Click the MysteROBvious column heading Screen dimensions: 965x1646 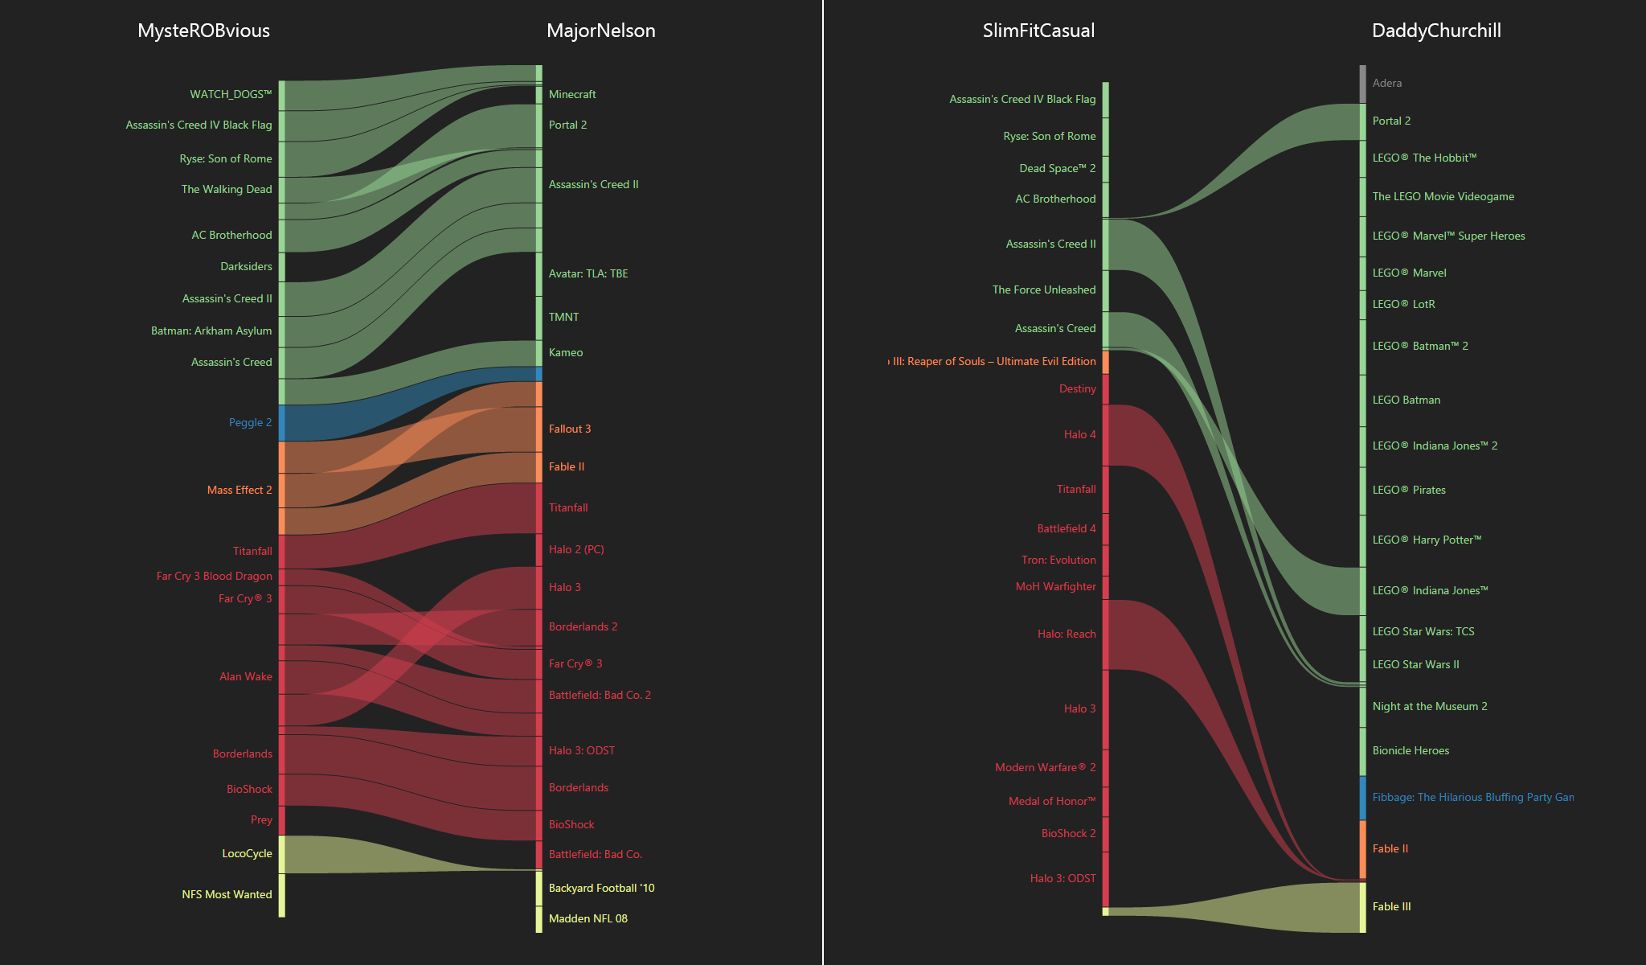pyautogui.click(x=203, y=31)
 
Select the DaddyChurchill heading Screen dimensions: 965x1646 pyautogui.click(x=1436, y=31)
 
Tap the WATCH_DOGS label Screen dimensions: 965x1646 pyautogui.click(x=231, y=94)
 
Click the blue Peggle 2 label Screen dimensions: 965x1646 pyautogui.click(x=250, y=422)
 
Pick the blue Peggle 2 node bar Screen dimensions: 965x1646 pyautogui.click(x=282, y=423)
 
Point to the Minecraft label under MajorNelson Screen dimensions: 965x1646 pyautogui.click(x=572, y=94)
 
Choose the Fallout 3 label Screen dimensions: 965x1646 pyautogui.click(x=570, y=429)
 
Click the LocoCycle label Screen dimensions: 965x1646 pyautogui.click(x=247, y=853)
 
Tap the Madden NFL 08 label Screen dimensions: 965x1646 pyautogui.click(x=588, y=918)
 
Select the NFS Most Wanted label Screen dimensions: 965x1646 pyautogui.click(x=227, y=894)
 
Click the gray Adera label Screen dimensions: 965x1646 pyautogui.click(x=1387, y=83)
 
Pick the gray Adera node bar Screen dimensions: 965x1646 pyautogui.click(x=1362, y=84)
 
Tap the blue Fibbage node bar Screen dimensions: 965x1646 pyautogui.click(x=1362, y=798)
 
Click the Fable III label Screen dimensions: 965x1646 pyautogui.click(x=1391, y=906)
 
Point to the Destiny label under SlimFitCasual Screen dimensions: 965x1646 pyautogui.click(x=1077, y=388)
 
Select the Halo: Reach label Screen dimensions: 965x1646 pyautogui.click(x=1067, y=634)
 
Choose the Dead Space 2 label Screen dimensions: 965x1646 pyautogui.click(x=1057, y=168)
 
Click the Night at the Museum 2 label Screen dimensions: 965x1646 pyautogui.click(x=1430, y=706)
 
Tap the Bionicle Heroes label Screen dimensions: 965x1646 pyautogui.click(x=1411, y=750)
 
